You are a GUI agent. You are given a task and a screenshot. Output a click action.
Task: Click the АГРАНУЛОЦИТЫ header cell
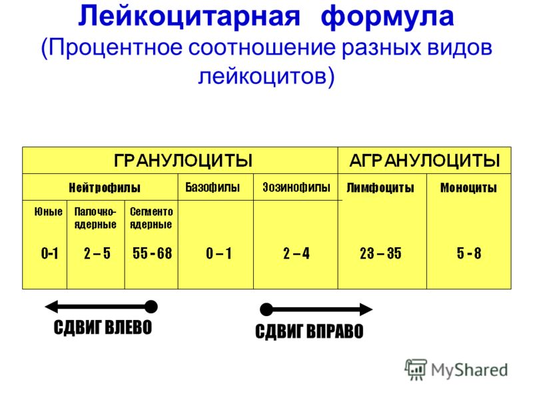tap(424, 160)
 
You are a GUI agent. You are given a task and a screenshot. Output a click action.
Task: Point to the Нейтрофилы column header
tap(105, 187)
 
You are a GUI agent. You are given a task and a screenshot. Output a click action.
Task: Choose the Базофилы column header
tap(213, 187)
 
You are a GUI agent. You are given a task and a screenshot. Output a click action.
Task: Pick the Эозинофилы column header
tap(296, 187)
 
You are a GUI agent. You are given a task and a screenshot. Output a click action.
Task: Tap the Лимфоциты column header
tap(380, 188)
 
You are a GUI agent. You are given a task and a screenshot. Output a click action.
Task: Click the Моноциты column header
tap(469, 188)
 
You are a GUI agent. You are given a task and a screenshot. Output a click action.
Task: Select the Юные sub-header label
tap(48, 211)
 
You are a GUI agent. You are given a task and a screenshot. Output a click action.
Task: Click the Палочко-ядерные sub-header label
tap(95, 218)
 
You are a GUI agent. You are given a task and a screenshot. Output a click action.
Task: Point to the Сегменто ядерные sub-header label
tap(151, 218)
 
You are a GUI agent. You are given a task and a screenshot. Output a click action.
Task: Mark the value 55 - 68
tap(153, 253)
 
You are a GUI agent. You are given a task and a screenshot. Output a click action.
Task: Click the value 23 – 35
tap(380, 253)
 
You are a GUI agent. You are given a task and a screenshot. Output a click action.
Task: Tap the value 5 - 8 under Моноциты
tap(469, 253)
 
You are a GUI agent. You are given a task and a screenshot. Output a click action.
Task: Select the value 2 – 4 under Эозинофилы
tap(296, 253)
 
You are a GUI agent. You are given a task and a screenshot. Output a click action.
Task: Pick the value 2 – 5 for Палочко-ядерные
tap(97, 253)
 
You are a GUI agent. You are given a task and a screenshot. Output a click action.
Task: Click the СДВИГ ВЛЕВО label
tap(103, 327)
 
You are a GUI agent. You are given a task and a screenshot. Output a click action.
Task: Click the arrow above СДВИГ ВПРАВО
tap(316, 309)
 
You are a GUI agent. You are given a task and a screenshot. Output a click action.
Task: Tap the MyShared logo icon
tap(415, 370)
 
